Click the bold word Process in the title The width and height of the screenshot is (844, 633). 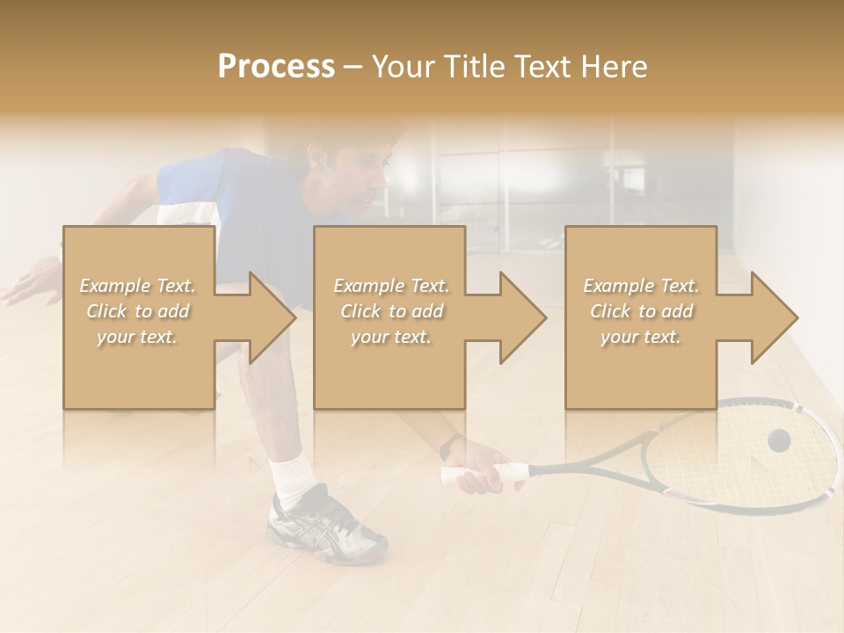point(276,67)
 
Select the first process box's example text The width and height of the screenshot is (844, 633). point(137,311)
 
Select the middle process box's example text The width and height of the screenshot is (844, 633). point(390,311)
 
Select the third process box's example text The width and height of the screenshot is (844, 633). point(641,311)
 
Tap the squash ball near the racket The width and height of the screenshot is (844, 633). point(778,440)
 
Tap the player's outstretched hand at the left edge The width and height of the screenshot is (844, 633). point(26,284)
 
